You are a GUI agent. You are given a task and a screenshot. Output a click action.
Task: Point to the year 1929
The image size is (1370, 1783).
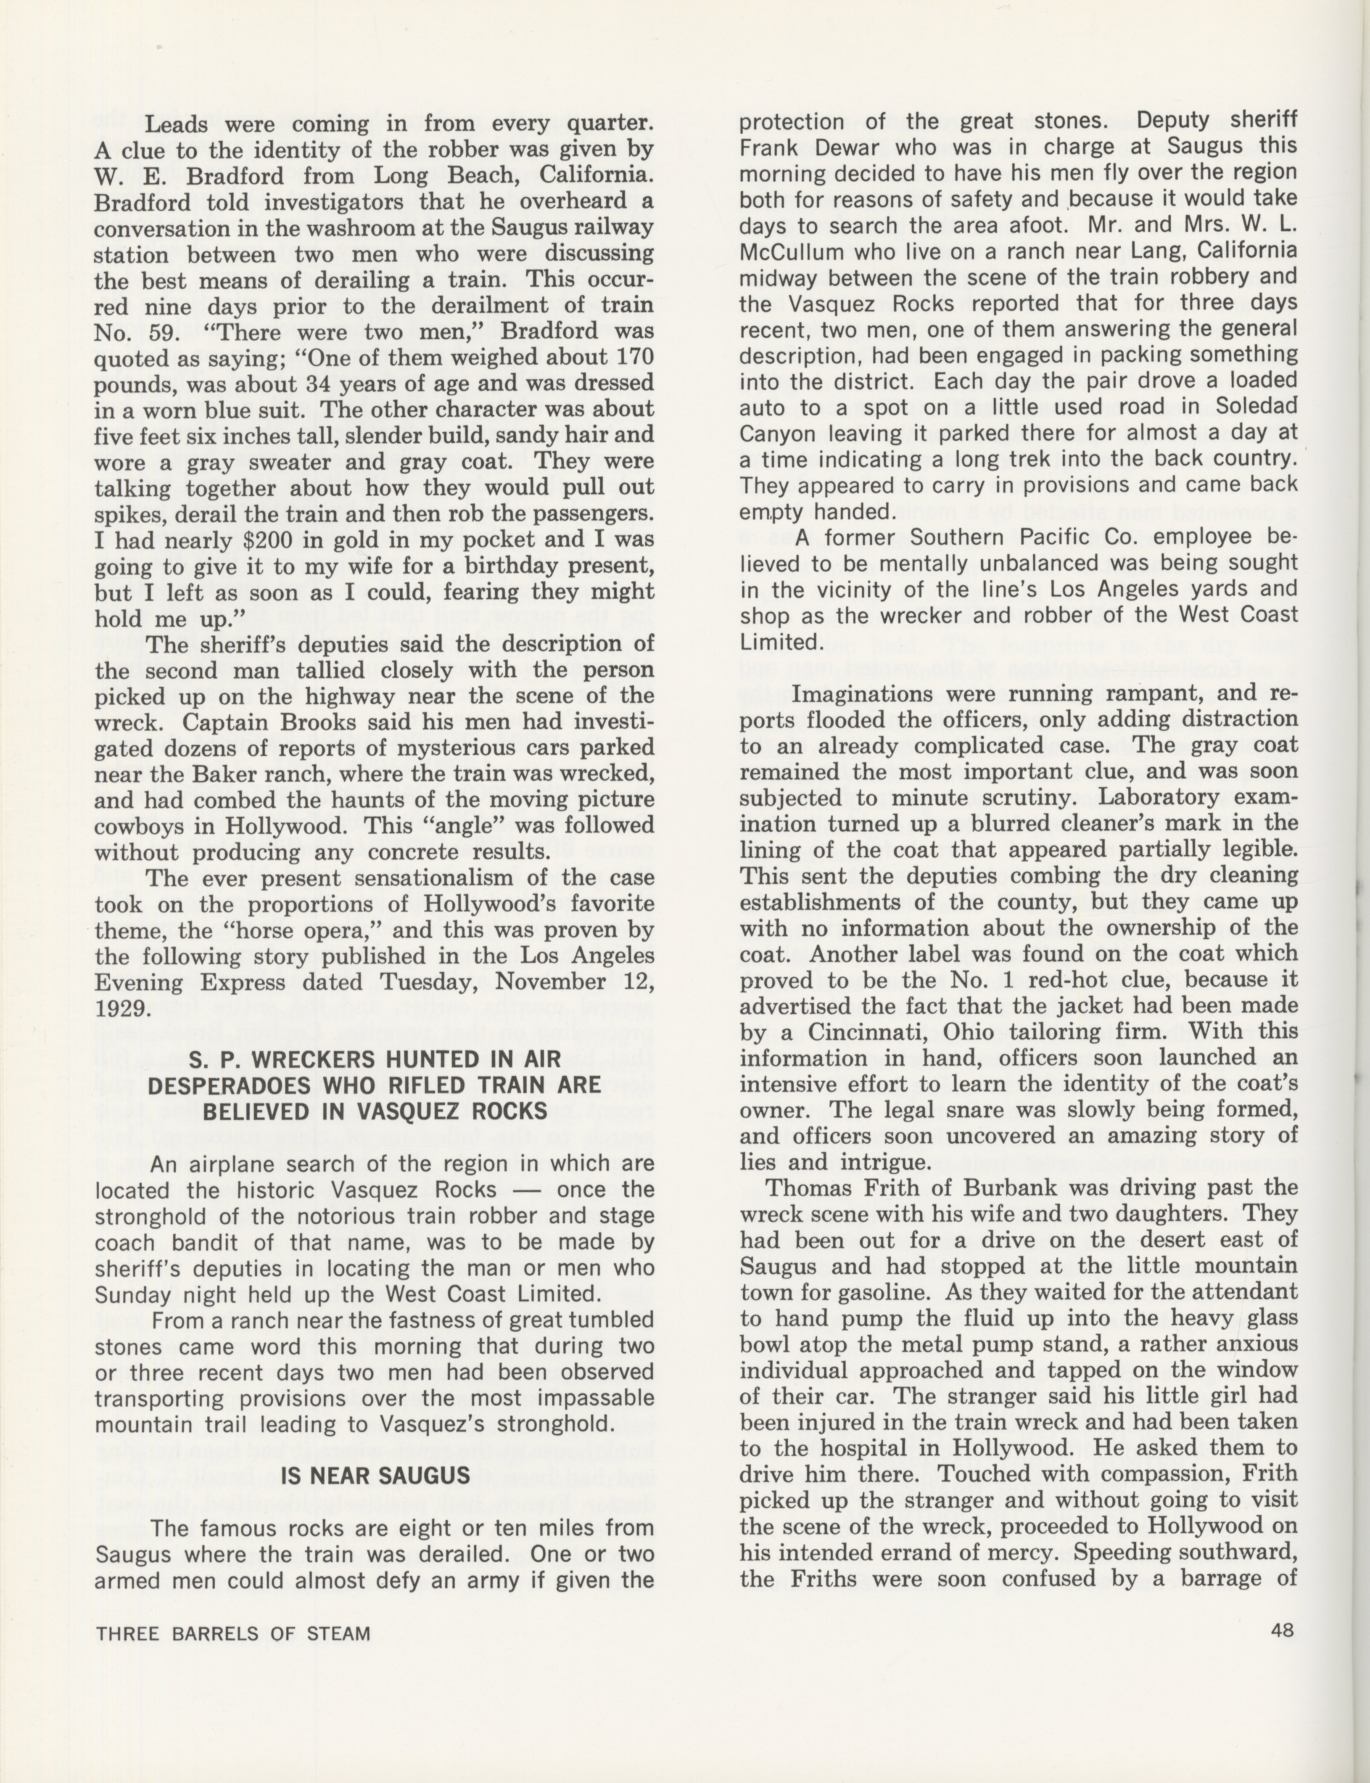pos(122,1008)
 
